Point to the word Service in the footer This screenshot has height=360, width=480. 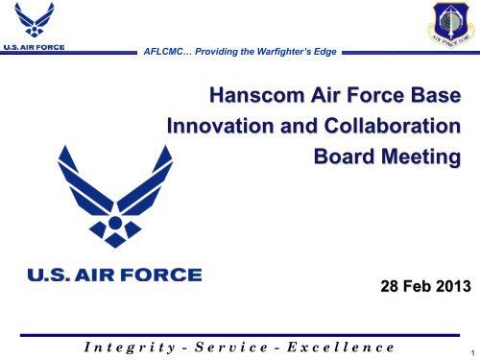click(x=223, y=344)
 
